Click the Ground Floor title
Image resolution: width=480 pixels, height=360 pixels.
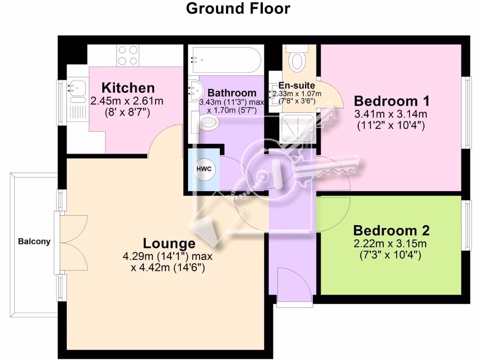[238, 8]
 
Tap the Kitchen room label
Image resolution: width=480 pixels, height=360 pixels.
[128, 87]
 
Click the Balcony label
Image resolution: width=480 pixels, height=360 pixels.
[34, 242]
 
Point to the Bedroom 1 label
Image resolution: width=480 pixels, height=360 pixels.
[391, 101]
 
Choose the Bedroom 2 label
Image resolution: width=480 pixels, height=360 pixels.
[391, 231]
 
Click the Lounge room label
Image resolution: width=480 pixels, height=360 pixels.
[169, 243]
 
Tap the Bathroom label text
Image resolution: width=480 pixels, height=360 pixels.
[232, 93]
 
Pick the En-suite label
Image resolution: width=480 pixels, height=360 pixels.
[297, 86]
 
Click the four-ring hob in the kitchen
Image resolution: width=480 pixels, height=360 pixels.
[127, 55]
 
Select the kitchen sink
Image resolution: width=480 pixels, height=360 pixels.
[75, 87]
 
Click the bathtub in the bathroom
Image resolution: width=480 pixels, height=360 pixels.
[224, 60]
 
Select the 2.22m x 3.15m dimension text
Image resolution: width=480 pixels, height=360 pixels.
[391, 244]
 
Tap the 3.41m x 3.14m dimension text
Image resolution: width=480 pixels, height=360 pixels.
[391, 114]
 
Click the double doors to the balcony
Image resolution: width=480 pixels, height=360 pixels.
[73, 242]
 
